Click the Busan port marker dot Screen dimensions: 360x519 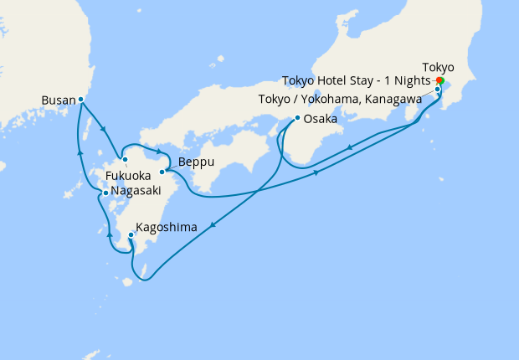click(x=80, y=100)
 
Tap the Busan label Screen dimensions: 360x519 click(x=58, y=100)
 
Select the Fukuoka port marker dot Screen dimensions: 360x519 click(x=124, y=159)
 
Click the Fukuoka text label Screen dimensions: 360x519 click(x=128, y=176)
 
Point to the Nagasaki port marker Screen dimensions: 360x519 click(x=105, y=193)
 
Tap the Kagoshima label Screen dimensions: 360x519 click(x=166, y=227)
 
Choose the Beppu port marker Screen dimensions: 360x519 click(x=162, y=172)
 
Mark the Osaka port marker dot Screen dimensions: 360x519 click(x=297, y=118)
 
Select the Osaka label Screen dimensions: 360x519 click(x=320, y=119)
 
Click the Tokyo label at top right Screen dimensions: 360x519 click(x=439, y=66)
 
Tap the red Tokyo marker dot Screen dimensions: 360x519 click(x=439, y=80)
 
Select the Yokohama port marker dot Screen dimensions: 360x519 click(x=438, y=89)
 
